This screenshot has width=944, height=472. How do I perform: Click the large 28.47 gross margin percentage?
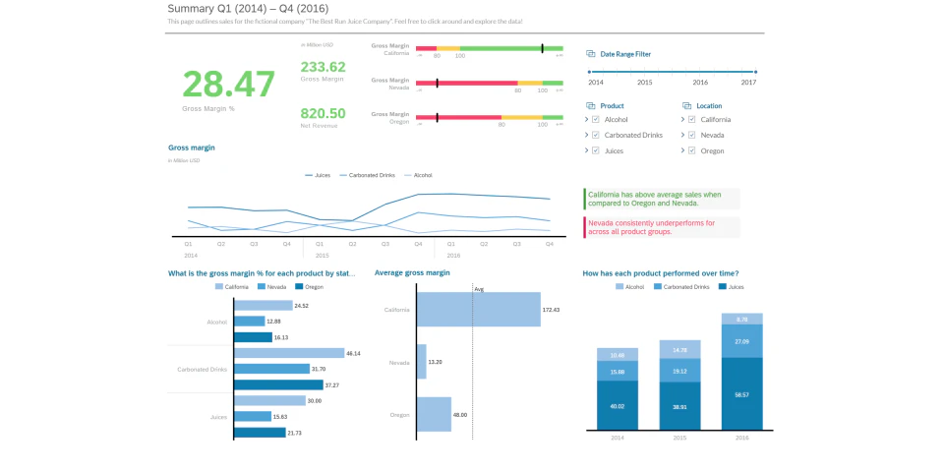click(228, 85)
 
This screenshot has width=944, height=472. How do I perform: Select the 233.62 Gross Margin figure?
click(323, 67)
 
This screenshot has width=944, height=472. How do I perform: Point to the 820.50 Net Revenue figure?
click(323, 113)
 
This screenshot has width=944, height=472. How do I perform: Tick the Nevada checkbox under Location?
click(692, 135)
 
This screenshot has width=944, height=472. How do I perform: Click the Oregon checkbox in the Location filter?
click(692, 150)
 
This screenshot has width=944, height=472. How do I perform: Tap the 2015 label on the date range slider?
click(644, 83)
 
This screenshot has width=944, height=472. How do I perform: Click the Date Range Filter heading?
click(625, 54)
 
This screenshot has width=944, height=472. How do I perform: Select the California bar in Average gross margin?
click(477, 309)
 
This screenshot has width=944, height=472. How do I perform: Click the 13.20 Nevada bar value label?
click(436, 362)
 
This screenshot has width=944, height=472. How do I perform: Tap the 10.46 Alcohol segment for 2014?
click(618, 355)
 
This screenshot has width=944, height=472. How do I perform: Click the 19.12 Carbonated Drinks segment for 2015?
click(679, 371)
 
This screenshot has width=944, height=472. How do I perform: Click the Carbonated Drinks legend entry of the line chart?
click(367, 175)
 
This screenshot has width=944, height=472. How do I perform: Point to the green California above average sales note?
click(661, 199)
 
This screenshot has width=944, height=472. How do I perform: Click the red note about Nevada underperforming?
click(661, 227)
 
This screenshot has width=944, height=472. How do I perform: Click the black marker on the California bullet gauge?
click(542, 47)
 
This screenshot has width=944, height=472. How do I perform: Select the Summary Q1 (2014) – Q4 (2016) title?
click(248, 9)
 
